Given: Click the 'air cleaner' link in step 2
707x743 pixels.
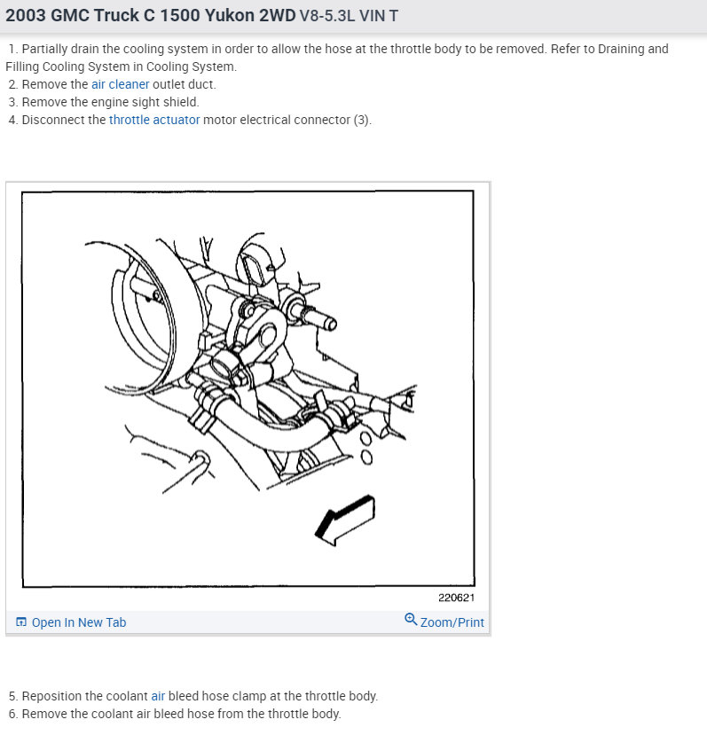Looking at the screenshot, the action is [x=121, y=84].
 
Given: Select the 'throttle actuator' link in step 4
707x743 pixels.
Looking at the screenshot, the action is [x=154, y=120].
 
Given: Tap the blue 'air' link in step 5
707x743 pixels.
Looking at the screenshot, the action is [x=158, y=696].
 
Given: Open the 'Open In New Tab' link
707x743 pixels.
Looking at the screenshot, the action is [x=79, y=622].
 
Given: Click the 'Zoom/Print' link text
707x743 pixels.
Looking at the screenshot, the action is [x=452, y=622].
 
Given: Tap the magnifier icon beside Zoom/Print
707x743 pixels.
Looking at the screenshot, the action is [x=411, y=620].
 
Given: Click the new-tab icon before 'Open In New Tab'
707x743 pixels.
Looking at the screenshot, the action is [x=21, y=622].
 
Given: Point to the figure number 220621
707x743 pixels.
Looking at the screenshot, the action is [x=456, y=598].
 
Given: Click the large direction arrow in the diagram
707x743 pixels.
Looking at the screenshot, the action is [x=345, y=520].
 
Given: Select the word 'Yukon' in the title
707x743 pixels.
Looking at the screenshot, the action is [x=230, y=16].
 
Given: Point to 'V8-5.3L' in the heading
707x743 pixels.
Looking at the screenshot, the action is [x=327, y=16].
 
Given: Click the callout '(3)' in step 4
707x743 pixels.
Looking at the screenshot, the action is [x=362, y=120].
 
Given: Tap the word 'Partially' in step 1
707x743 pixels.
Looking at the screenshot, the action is [x=44, y=49].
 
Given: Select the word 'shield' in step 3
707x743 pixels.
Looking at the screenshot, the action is [x=181, y=102].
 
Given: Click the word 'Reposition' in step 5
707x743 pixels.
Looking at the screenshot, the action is [x=51, y=696].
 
